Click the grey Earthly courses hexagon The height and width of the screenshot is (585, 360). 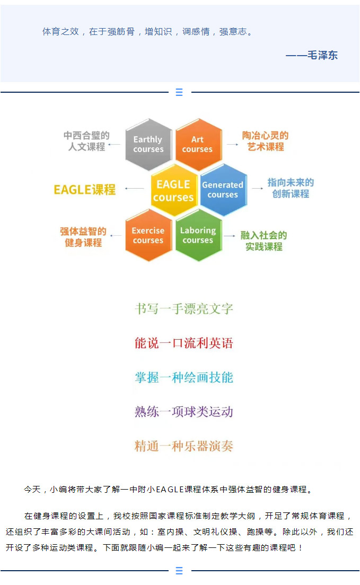click(148, 144)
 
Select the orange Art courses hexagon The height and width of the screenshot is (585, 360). click(199, 144)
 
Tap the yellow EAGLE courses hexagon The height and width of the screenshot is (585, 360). click(174, 190)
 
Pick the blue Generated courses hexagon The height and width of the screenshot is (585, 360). click(223, 190)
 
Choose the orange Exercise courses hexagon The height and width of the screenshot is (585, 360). click(148, 235)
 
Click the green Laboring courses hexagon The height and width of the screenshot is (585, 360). click(199, 235)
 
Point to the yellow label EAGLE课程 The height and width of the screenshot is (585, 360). click(85, 190)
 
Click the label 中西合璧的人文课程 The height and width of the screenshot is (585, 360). click(86, 141)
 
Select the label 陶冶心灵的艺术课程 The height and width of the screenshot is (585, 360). click(265, 141)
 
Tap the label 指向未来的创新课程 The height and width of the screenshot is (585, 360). click(291, 188)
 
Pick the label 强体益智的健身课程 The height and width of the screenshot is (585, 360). click(83, 237)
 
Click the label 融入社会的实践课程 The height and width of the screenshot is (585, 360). click(264, 241)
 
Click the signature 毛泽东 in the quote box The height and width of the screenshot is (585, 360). click(322, 55)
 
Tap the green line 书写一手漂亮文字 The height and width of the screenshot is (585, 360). click(184, 309)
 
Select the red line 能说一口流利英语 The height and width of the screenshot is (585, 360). click(184, 343)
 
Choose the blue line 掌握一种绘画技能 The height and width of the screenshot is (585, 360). click(184, 378)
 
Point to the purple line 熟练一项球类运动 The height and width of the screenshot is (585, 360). click(184, 412)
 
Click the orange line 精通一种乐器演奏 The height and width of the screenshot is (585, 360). click(184, 446)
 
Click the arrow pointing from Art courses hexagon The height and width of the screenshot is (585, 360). click(232, 144)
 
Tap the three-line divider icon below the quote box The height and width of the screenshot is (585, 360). click(179, 92)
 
